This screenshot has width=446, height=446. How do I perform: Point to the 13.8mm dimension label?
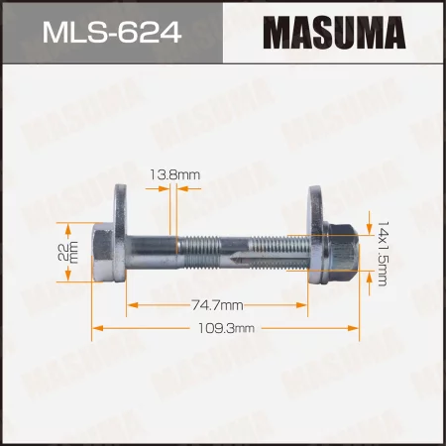click(179, 174)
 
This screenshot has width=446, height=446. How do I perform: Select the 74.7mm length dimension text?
click(218, 303)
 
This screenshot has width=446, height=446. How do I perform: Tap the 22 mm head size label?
click(66, 254)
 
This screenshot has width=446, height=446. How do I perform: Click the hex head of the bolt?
click(103, 253)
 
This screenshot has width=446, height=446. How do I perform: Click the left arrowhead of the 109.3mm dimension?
click(96, 328)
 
